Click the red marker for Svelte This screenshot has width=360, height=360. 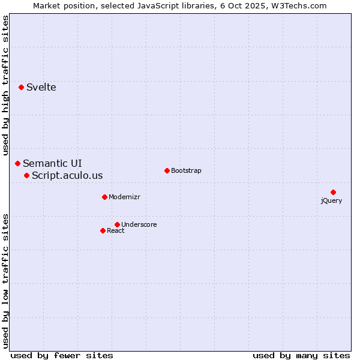[22, 87]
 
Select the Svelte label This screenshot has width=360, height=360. [41, 88]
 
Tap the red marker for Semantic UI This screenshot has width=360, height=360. [18, 163]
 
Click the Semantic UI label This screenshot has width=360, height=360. [53, 163]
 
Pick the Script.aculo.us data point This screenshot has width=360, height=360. [27, 175]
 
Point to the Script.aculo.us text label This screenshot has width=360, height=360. [67, 176]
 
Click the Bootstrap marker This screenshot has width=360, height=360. [167, 170]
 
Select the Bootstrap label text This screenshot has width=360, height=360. [186, 171]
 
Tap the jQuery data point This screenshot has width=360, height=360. [333, 192]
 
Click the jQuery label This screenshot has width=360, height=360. [331, 201]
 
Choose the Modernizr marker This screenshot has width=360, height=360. [104, 197]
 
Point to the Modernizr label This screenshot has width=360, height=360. [124, 197]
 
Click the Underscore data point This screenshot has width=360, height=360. [117, 224]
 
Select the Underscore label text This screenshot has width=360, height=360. [139, 225]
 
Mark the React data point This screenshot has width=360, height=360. [103, 230]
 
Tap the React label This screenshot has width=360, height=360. [116, 231]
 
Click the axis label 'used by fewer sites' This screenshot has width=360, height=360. [62, 355]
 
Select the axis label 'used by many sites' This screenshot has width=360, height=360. [301, 355]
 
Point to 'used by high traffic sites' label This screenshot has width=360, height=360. [6, 81]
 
